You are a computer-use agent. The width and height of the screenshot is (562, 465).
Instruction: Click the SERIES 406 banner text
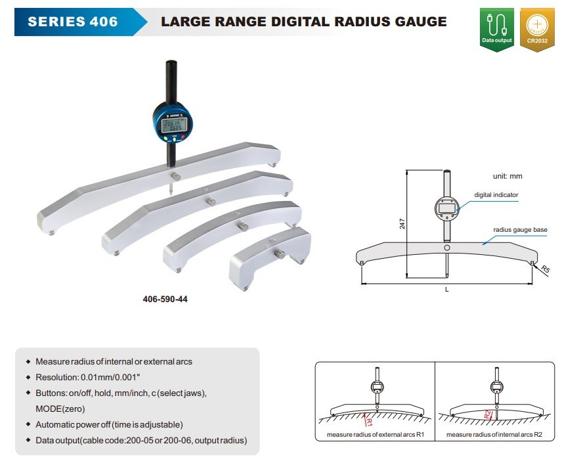tap(73, 22)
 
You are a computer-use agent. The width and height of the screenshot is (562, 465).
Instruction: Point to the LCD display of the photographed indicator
tap(175, 122)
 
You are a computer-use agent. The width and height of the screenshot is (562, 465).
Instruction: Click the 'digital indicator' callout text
tap(496, 195)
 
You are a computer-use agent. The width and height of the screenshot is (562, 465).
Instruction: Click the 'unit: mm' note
tap(508, 176)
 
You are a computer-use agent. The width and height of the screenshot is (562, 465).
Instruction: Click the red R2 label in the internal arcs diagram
tap(488, 414)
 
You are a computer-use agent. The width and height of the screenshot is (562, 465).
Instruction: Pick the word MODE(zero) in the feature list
tap(60, 409)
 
